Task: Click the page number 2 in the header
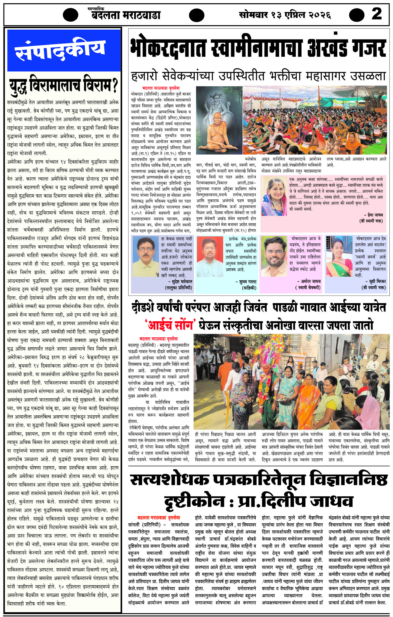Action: point(377,14)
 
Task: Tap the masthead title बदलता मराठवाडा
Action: point(126,15)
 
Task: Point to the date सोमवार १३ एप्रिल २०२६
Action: point(285,14)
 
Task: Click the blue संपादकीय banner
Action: point(64,50)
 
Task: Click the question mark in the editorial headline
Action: point(115,85)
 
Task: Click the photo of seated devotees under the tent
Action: point(316,120)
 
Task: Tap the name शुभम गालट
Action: point(247,282)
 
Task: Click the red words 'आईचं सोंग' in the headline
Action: point(170,325)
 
